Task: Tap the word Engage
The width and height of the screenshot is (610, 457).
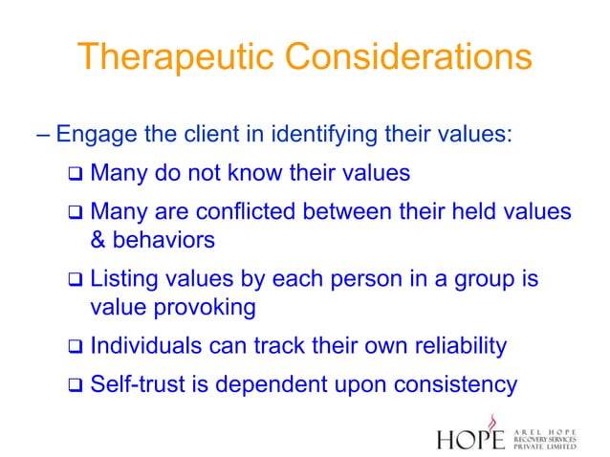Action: point(95,133)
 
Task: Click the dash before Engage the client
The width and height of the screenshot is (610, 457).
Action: point(45,133)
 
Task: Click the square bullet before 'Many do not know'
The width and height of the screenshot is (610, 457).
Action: point(76,175)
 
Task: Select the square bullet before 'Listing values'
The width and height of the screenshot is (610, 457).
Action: point(76,281)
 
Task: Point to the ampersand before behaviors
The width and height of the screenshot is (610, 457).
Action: point(98,239)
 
